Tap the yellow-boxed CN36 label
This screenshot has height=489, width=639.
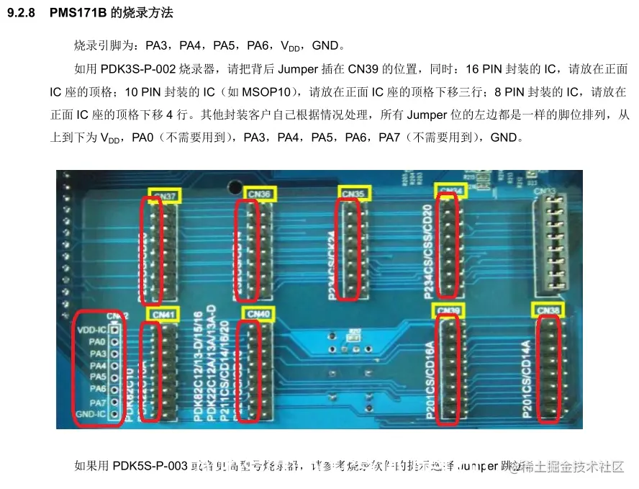click(258, 194)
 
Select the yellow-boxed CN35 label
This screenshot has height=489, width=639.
click(353, 194)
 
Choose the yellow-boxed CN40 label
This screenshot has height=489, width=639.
click(258, 313)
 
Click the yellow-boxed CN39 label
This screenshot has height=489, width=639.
click(448, 310)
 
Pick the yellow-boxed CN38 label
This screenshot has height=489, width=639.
click(549, 310)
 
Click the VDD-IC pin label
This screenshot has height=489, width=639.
click(91, 329)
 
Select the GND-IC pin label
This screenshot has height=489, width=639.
click(91, 414)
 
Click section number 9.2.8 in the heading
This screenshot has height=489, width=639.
click(22, 14)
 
